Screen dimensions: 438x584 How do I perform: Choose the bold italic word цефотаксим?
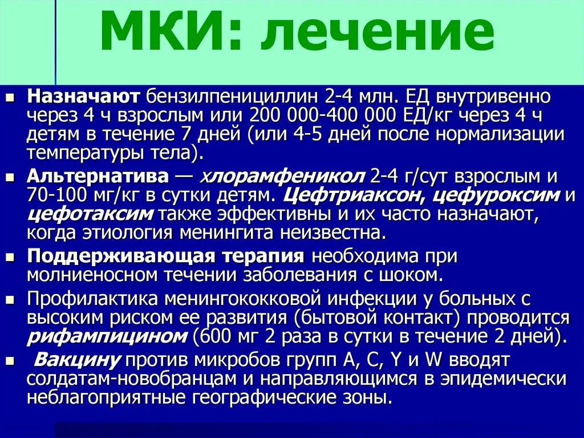click(x=90, y=215)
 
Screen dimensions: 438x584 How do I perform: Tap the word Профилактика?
click(x=92, y=299)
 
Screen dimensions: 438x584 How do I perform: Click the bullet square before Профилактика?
click(x=12, y=299)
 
